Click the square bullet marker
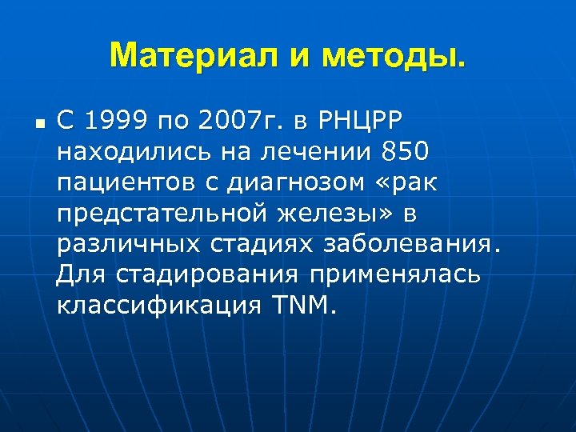tap(38, 125)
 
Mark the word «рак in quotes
tap(408, 183)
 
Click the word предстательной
tap(165, 214)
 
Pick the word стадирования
tap(210, 274)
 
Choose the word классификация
tap(152, 305)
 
